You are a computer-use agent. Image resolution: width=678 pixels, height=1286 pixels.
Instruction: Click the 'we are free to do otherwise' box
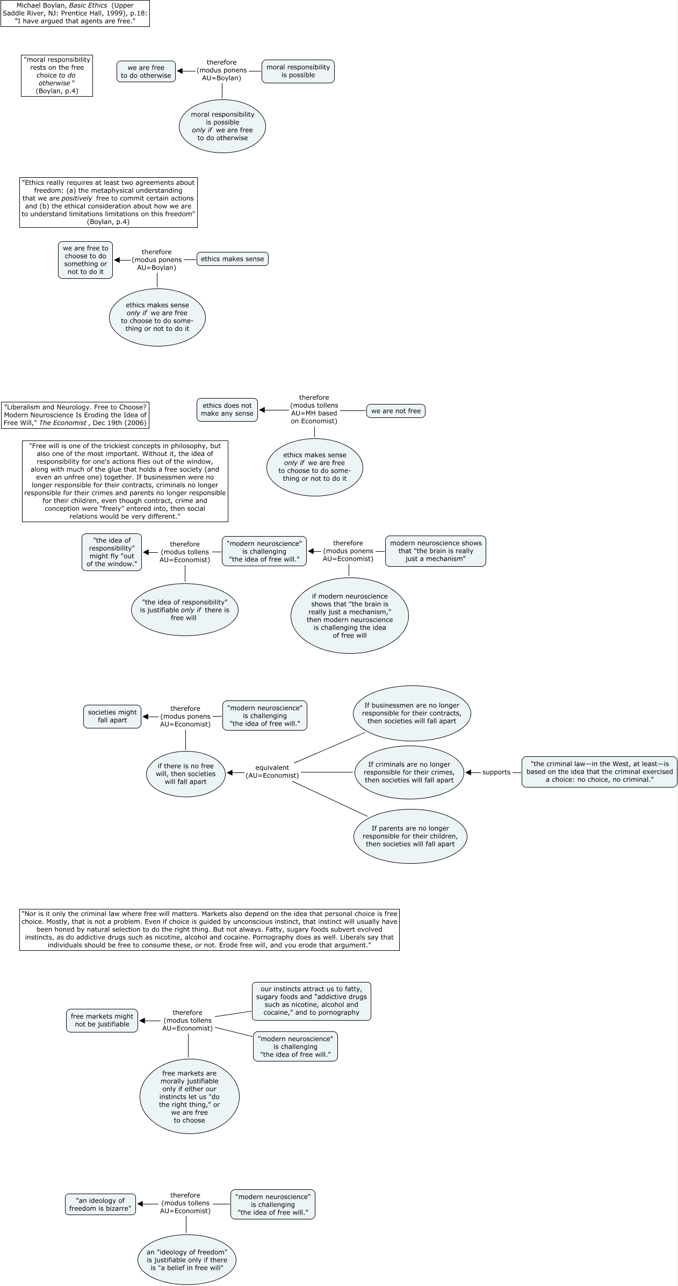146,71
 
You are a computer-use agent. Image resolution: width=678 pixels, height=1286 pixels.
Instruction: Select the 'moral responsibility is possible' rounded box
298,71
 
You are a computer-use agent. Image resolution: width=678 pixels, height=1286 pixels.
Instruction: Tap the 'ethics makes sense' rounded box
233,259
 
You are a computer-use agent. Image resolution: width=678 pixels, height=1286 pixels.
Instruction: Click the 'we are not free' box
396,411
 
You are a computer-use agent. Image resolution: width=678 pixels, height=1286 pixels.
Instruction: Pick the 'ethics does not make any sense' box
227,410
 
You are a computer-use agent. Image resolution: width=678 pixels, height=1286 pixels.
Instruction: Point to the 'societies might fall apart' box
112,716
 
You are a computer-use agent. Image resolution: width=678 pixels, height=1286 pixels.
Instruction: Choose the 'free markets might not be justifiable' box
102,1020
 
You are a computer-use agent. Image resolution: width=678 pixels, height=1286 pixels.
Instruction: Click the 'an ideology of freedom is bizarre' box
100,1204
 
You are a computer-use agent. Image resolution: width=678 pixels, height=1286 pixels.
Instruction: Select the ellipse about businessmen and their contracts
412,713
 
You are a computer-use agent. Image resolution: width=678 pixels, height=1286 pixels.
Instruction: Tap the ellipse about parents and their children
410,836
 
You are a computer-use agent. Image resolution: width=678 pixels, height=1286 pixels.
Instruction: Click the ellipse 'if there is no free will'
186,774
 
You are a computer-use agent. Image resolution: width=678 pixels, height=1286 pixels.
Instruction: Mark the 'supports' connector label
496,772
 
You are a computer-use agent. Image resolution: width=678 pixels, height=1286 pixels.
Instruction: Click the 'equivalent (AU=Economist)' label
272,771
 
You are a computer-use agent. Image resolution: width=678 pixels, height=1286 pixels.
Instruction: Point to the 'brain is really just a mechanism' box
435,551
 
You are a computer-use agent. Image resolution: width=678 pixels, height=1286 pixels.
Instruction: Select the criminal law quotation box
599,772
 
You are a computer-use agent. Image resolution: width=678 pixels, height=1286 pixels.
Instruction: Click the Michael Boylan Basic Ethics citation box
75,13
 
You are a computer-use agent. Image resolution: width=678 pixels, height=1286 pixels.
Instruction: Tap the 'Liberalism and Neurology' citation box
75,415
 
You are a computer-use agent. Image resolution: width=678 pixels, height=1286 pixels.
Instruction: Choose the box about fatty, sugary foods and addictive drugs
311,1001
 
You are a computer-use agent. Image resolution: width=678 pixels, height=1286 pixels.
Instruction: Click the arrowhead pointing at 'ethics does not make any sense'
262,411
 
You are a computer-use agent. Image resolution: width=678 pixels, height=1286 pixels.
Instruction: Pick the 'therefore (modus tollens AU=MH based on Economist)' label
314,409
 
